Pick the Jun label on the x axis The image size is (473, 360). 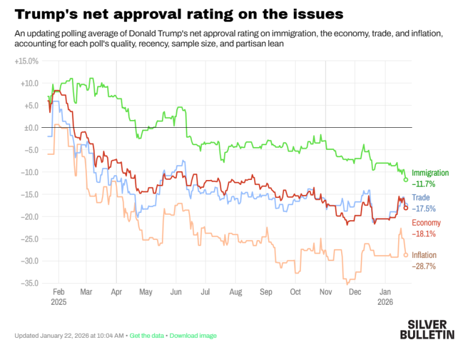[176, 292]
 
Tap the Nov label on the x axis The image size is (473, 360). [326, 292]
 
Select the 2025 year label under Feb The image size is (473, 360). [59, 302]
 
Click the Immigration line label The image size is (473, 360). [430, 173]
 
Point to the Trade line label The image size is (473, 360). [421, 198]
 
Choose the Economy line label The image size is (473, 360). [426, 223]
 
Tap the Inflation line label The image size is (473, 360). [424, 255]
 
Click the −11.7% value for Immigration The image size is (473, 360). [424, 184]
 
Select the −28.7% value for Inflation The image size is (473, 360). [424, 266]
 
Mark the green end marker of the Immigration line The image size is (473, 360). [406, 179]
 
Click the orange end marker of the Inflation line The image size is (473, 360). [406, 255]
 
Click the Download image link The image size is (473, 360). [193, 335]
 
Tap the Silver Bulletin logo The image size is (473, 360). [427, 329]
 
